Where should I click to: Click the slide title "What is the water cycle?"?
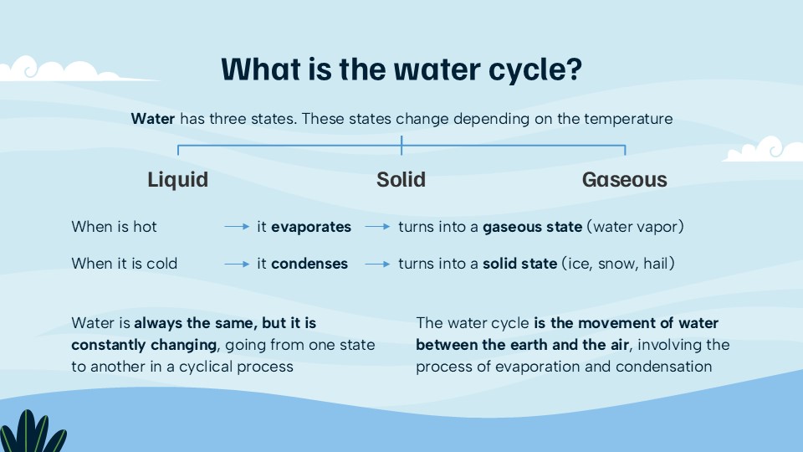coord(401,69)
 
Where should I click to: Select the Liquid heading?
coord(177,180)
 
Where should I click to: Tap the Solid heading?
coord(401,180)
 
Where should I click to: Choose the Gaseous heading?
coord(625,180)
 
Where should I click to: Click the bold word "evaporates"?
coord(311,227)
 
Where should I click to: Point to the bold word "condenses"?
coord(309,264)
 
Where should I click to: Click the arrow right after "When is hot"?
coord(237,227)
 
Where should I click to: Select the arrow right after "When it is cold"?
coord(237,264)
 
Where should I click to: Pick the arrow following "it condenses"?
coord(378,264)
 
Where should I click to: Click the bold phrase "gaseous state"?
coord(532,227)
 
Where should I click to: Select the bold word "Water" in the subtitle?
coord(153,119)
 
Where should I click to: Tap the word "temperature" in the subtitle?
coord(631,119)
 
